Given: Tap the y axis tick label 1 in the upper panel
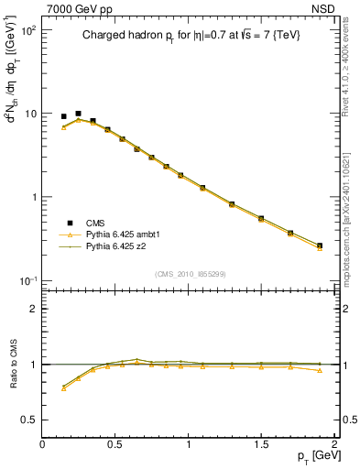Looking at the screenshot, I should [33, 197].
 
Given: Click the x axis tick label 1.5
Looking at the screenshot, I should [261, 445].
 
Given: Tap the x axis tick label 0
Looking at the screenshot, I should [43, 445].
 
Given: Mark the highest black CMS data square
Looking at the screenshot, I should [78, 114].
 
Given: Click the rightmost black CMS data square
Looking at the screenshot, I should [320, 245].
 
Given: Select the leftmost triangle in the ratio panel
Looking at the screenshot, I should [63, 389].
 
